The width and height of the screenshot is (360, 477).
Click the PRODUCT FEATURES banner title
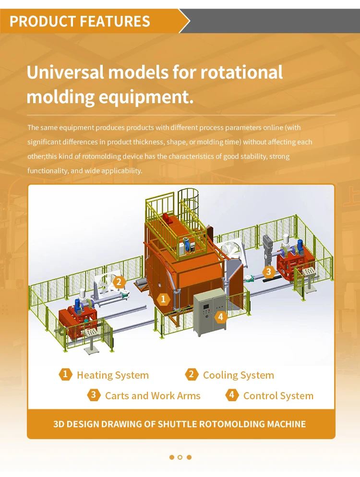pos(80,21)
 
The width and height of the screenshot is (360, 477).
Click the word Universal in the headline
pos(64,72)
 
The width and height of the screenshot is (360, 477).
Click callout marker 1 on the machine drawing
pos(164,299)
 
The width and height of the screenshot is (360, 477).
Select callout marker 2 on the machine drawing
pos(119,282)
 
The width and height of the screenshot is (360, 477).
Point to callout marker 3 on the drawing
pos(268,272)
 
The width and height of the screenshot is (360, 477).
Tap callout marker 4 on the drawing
pos(220,316)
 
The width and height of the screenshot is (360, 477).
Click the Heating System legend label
pos(112,375)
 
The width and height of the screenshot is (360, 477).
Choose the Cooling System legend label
pos(238,375)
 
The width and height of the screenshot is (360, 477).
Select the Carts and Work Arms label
pos(153,396)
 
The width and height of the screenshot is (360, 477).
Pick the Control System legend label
pos(278,396)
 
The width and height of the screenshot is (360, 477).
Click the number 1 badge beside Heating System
pos(65,374)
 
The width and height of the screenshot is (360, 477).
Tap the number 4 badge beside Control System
pos(232,395)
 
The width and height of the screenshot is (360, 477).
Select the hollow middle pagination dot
pos(180,457)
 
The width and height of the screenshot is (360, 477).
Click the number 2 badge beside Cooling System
pos(192,374)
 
